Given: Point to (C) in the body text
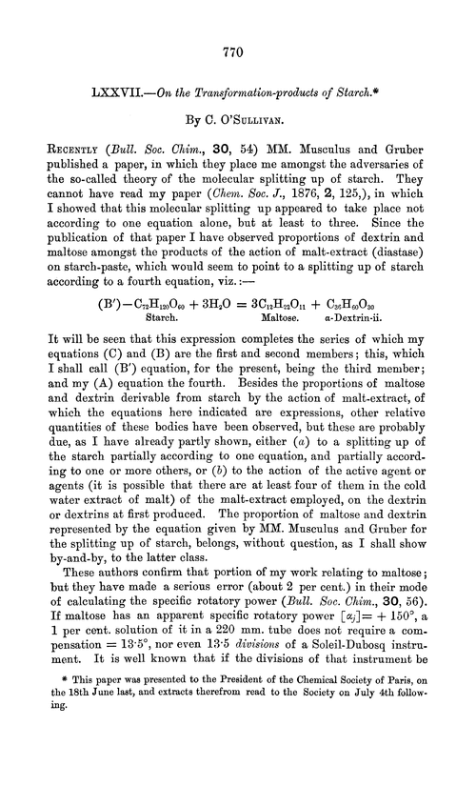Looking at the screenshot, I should pos(112,373).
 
